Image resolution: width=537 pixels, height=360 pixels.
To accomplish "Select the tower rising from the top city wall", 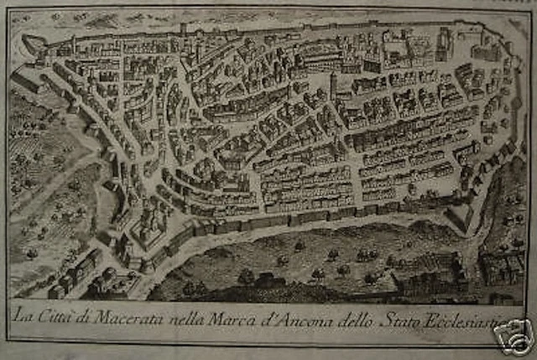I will coord(183,30).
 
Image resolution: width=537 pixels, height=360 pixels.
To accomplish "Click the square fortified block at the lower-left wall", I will coord(148,222).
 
